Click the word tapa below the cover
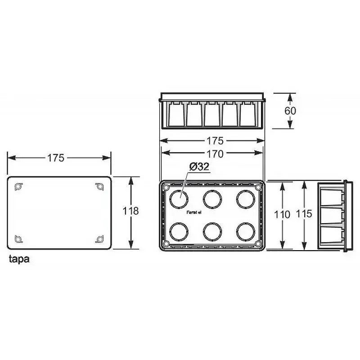19,260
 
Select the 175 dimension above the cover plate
56,157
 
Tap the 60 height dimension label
290,111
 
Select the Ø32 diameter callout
198,167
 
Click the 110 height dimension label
282,215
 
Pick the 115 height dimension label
304,214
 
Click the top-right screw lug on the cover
99,186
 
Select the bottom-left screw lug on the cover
18,239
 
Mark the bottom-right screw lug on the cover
99,239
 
